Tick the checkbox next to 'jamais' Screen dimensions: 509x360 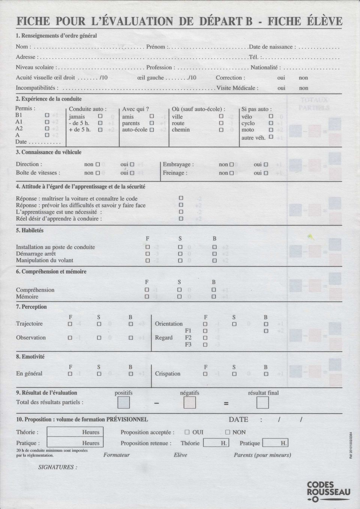click(100, 117)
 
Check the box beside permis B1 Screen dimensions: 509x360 click(47, 115)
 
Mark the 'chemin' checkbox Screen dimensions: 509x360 click(221, 130)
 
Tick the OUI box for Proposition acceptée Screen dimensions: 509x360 click(187, 432)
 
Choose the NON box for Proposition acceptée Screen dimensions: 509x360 click(228, 432)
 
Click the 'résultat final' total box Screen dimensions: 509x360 click(262, 403)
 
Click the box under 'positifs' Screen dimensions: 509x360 click(123, 403)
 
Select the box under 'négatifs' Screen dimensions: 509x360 click(189, 403)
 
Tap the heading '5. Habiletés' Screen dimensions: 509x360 click(30, 230)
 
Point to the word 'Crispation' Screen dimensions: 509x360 click(168, 374)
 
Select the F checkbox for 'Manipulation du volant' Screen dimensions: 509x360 click(147, 260)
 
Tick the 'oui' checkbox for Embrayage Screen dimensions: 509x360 click(265, 164)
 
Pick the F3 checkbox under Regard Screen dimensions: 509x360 click(205, 344)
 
